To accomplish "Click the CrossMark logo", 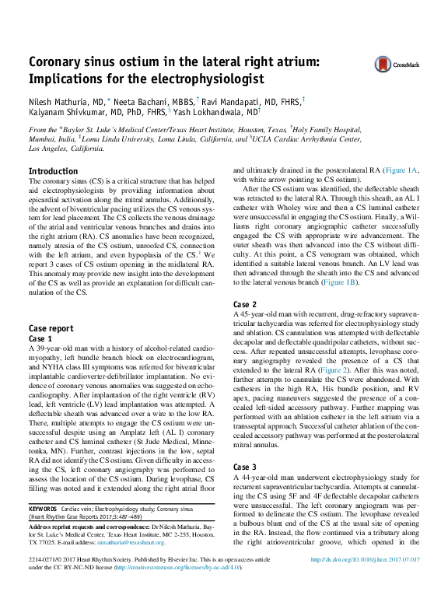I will [x=395, y=65].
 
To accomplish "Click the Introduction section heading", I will [x=53, y=171].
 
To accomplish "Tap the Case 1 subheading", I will [x=40, y=339].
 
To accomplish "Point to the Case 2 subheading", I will [x=245, y=304].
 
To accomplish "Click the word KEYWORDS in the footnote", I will [x=46, y=508].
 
